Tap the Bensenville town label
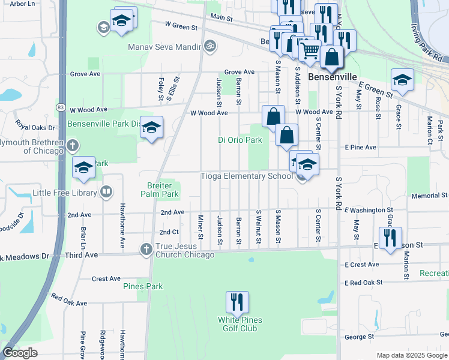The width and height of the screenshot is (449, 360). (x=333, y=77)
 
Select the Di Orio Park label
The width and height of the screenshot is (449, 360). (x=240, y=140)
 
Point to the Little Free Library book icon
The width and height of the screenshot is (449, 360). (x=106, y=193)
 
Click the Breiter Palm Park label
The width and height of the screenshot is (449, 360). (x=160, y=190)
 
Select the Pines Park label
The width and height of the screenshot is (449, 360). (x=143, y=286)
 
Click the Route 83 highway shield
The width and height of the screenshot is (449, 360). (x=60, y=107)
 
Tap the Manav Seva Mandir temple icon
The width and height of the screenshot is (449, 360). (x=209, y=45)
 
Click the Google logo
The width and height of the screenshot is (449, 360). (x=20, y=353)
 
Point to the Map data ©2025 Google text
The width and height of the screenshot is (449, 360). (x=412, y=355)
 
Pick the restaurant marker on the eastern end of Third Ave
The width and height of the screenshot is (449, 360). (x=390, y=238)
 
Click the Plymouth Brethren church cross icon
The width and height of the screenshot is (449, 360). (x=72, y=145)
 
